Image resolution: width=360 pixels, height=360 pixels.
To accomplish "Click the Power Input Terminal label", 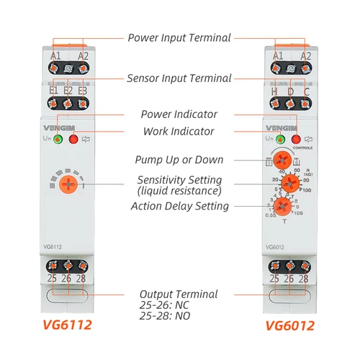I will pyautogui.click(x=179, y=37).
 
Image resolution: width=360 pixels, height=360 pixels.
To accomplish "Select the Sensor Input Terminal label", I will pyautogui.click(x=179, y=78).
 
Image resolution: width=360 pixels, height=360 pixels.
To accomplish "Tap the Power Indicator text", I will pyautogui.click(x=179, y=114).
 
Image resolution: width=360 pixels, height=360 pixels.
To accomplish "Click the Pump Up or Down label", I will pyautogui.click(x=179, y=159).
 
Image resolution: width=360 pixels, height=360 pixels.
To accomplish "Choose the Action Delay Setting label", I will pyautogui.click(x=179, y=206).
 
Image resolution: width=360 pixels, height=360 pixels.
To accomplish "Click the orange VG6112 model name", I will pyautogui.click(x=68, y=325).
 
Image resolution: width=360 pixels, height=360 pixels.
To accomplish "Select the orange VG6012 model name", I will pyautogui.click(x=289, y=325).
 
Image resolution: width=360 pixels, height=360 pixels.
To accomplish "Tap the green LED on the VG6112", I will pyautogui.click(x=58, y=139).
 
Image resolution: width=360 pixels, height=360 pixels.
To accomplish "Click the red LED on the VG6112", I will pyautogui.click(x=73, y=139).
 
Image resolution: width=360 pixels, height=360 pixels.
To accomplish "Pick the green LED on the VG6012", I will pyautogui.click(x=280, y=139).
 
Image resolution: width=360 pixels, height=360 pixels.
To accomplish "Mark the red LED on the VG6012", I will pyautogui.click(x=295, y=139).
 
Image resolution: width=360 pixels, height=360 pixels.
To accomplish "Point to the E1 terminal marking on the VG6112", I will pyautogui.click(x=53, y=91).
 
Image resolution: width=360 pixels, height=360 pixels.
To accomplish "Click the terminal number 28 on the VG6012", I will pyautogui.click(x=304, y=278).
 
